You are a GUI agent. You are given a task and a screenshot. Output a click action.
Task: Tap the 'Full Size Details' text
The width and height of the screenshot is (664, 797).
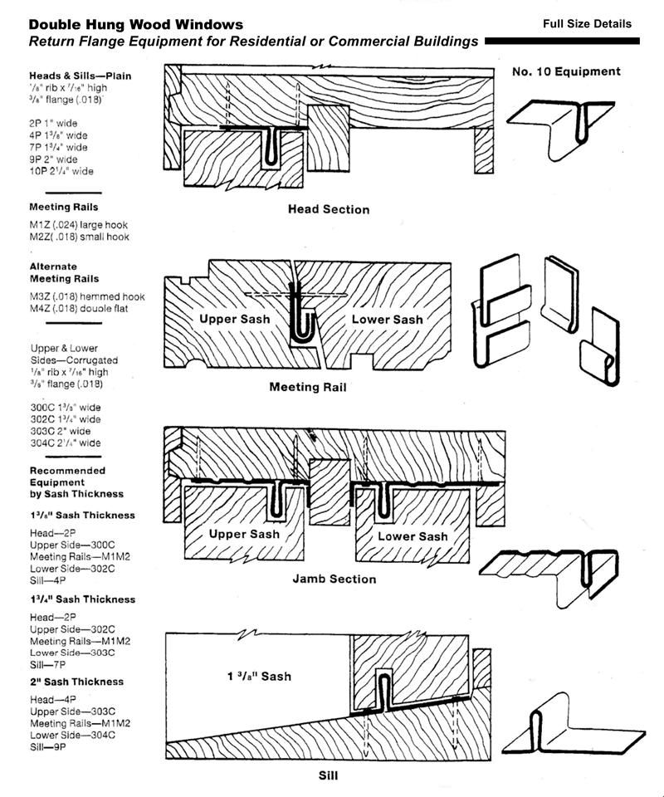click(x=587, y=23)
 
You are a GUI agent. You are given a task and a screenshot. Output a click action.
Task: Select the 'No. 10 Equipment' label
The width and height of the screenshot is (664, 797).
click(x=565, y=72)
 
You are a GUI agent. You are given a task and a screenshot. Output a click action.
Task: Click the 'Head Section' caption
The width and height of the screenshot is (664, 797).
click(x=329, y=209)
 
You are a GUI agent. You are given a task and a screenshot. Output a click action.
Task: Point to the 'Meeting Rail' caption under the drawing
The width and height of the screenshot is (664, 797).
click(x=308, y=386)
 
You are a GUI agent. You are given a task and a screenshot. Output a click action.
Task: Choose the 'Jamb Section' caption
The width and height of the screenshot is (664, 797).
click(x=334, y=579)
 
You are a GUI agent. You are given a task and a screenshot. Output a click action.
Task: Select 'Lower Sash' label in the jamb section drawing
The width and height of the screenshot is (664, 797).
click(x=413, y=536)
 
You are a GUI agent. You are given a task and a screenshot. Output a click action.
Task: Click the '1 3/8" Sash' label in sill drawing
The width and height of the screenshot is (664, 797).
click(x=259, y=676)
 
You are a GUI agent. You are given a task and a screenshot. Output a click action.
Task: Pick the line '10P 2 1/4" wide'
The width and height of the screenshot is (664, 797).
click(x=61, y=171)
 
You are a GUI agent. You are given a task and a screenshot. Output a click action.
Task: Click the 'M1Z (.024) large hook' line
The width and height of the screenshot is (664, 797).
click(x=79, y=224)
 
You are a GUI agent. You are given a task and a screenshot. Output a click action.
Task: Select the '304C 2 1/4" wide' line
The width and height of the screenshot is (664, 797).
click(x=65, y=443)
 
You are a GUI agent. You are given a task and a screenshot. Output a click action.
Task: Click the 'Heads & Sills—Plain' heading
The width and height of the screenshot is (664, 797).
click(x=80, y=76)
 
